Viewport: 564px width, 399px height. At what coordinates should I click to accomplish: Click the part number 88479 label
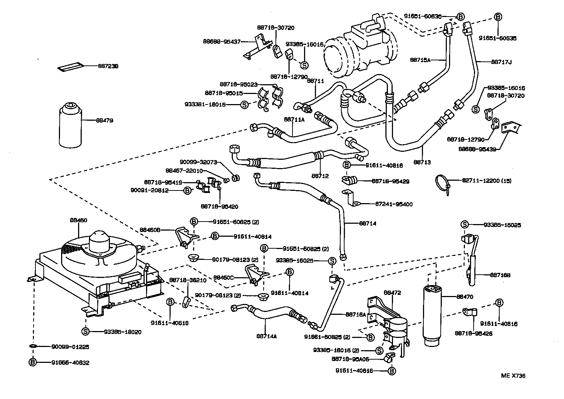(104, 120)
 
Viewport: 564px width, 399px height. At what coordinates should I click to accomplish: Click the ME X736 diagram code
(513, 376)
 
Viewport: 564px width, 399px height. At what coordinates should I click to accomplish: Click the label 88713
(422, 162)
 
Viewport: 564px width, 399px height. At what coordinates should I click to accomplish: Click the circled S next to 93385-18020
(85, 331)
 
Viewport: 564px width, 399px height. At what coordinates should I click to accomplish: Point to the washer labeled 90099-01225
(33, 346)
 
